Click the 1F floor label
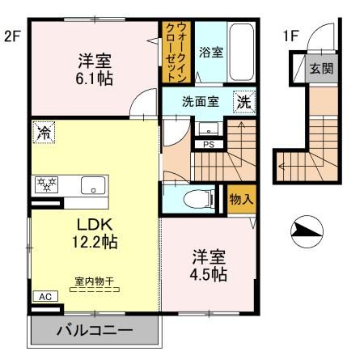[x=290, y=36]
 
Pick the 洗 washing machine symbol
[x=243, y=103]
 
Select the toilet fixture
[x=197, y=199]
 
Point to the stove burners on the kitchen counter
[x=44, y=183]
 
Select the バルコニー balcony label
[x=93, y=331]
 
